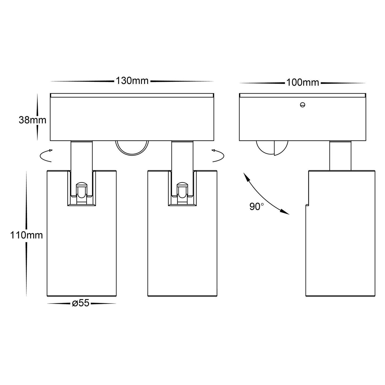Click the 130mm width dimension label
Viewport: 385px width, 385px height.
click(x=132, y=81)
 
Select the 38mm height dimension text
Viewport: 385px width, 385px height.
click(x=32, y=120)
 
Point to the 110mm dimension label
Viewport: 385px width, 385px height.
click(x=26, y=235)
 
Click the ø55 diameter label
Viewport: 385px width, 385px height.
click(x=80, y=303)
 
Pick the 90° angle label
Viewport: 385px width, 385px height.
click(x=257, y=206)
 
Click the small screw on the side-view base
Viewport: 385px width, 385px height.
click(x=302, y=105)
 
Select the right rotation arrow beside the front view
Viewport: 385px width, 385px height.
click(x=218, y=156)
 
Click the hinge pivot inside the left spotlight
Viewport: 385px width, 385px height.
click(x=82, y=191)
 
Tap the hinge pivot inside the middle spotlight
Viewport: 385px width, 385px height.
click(x=182, y=191)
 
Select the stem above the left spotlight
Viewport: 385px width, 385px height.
click(x=82, y=156)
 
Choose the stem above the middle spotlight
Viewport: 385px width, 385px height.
click(x=182, y=156)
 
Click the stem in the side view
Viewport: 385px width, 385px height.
click(x=340, y=156)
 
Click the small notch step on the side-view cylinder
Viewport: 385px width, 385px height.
click(x=307, y=205)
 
